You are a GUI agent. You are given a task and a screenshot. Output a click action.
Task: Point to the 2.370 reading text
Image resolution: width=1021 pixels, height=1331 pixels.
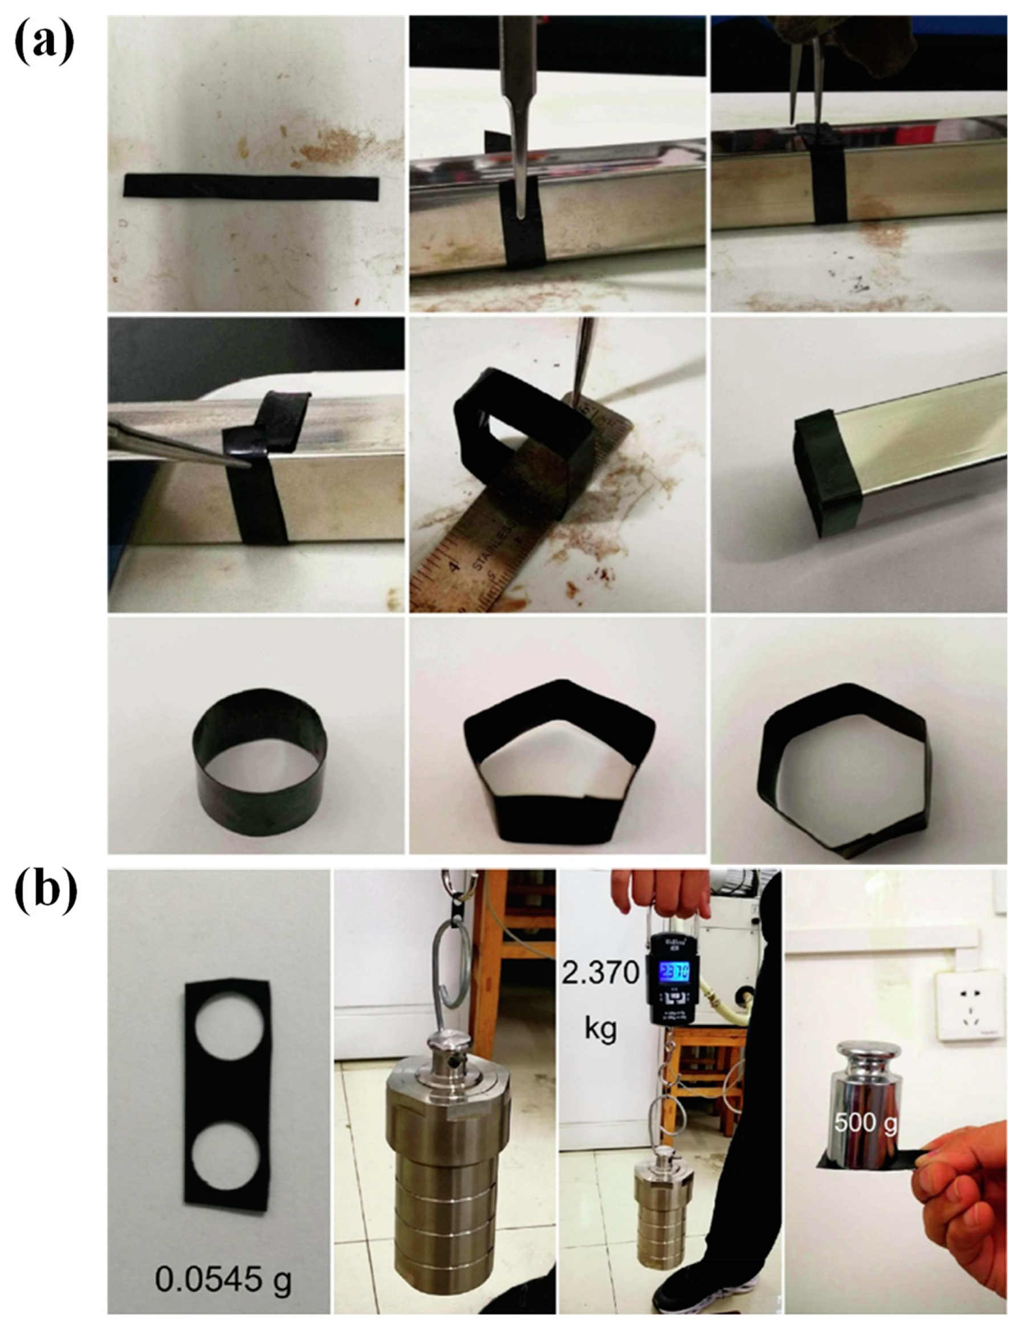[x=600, y=973]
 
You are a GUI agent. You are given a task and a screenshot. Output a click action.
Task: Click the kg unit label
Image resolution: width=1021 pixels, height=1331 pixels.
[x=600, y=1029]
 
